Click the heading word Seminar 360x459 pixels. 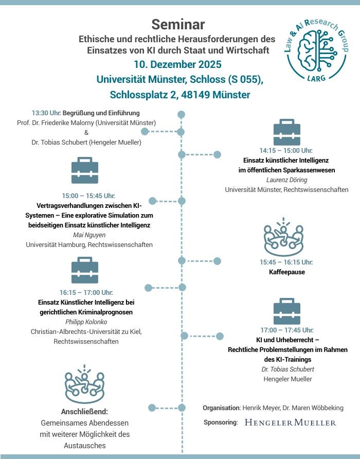[x=178, y=24]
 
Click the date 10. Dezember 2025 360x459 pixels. [x=177, y=64]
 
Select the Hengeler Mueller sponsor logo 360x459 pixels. [x=290, y=422]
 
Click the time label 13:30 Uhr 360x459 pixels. [x=46, y=113]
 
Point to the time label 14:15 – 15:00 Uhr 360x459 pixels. [x=286, y=150]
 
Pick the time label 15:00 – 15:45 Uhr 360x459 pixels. [x=88, y=196]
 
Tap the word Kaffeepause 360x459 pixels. [x=286, y=272]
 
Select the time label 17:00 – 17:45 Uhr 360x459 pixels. [x=286, y=330]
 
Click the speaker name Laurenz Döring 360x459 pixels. [x=286, y=180]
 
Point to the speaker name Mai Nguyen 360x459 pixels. [x=89, y=235]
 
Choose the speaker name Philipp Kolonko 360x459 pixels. [x=86, y=322]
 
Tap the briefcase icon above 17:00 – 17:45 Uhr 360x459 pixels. [x=286, y=311]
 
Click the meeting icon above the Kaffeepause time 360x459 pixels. [x=284, y=237]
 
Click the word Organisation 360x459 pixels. [x=221, y=408]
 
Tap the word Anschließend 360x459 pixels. [x=84, y=412]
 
